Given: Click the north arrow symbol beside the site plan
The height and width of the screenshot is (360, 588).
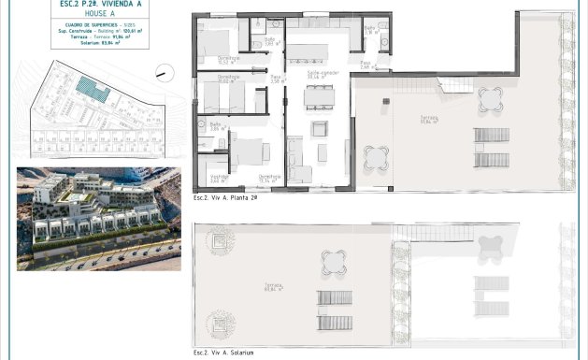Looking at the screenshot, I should pos(163,70).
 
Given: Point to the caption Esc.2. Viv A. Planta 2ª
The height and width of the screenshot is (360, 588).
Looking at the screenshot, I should pos(224,198).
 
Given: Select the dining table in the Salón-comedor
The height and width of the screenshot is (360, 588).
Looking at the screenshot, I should pos(319,94).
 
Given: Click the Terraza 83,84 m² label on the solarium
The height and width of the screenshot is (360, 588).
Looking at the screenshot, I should pos(273,286).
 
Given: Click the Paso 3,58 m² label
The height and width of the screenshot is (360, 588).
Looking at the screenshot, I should pos(276,81).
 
